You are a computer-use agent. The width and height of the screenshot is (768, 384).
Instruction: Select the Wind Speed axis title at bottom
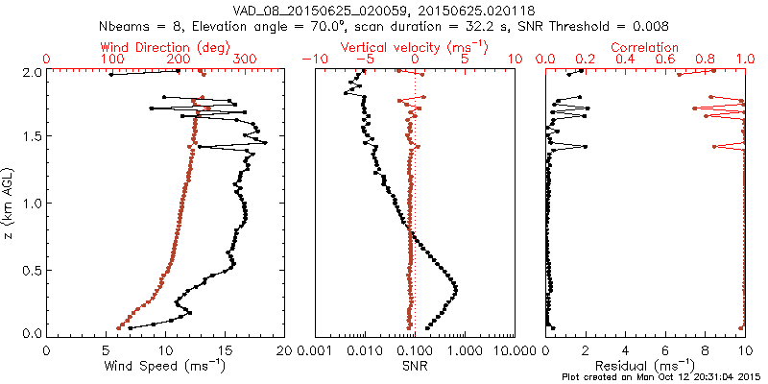click(165, 366)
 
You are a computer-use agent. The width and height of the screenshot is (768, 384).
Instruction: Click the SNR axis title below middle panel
click(415, 366)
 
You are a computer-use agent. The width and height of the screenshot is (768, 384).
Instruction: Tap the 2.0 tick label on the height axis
click(31, 72)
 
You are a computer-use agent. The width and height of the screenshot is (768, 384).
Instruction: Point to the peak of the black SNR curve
click(455, 288)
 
